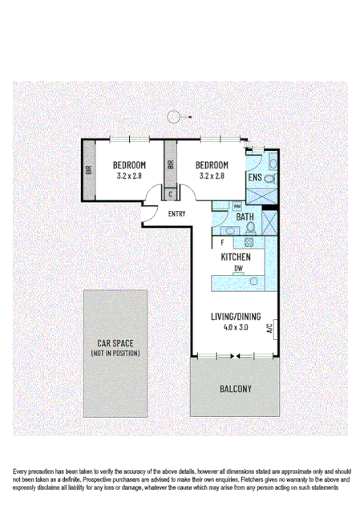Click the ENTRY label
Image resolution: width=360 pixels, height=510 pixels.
pyautogui.click(x=177, y=214)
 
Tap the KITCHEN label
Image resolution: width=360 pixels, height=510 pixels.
pyautogui.click(x=236, y=257)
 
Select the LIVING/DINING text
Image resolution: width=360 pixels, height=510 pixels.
pyautogui.click(x=234, y=316)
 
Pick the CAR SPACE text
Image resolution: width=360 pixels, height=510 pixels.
pyautogui.click(x=115, y=343)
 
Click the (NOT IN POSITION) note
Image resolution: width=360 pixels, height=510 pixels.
pyautogui.click(x=115, y=353)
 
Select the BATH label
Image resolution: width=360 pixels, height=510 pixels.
pyautogui.click(x=245, y=217)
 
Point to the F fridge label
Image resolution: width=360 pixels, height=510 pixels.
pyautogui.click(x=221, y=241)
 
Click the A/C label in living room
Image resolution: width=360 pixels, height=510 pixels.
pyautogui.click(x=272, y=328)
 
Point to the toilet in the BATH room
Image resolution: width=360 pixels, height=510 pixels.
pyautogui.click(x=251, y=227)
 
